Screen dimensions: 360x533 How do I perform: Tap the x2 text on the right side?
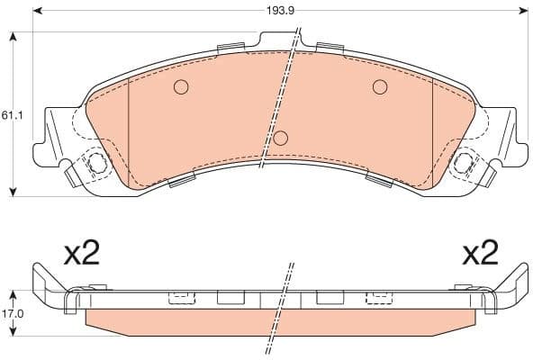pyautogui.click(x=479, y=254)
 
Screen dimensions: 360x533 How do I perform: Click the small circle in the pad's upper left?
pyautogui.click(x=180, y=87)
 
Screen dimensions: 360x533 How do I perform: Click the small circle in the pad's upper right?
pyautogui.click(x=380, y=87)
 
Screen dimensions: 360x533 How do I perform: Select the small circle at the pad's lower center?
pyautogui.click(x=281, y=138)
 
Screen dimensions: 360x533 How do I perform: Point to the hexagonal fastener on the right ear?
pyautogui.click(x=465, y=164)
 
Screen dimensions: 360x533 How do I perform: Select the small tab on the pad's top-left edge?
pyautogui.click(x=231, y=47)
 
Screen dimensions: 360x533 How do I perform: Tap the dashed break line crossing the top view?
pyautogui.click(x=280, y=99)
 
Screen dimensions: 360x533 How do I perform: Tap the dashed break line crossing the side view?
pyautogui.click(x=284, y=301)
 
